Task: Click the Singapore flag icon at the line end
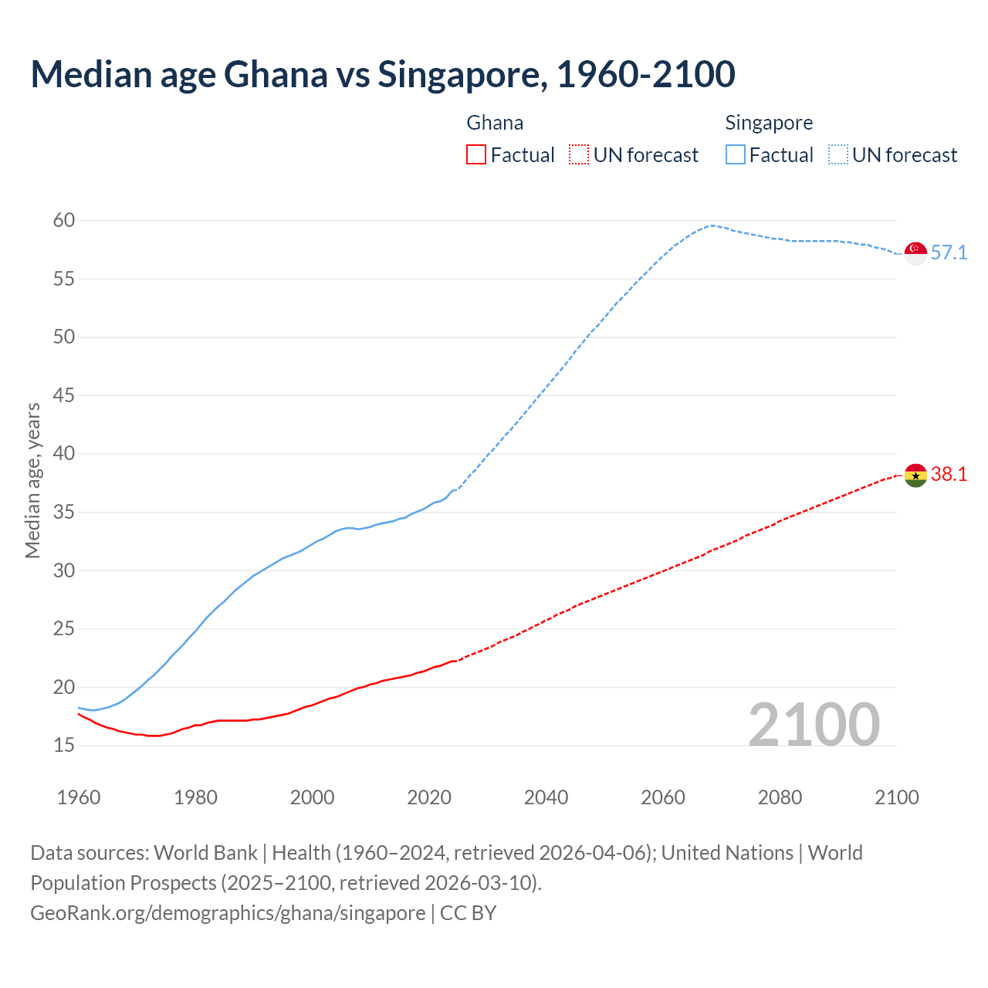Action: (915, 253)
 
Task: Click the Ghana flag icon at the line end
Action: (915, 475)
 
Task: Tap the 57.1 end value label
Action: (949, 253)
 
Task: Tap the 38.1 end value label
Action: (949, 475)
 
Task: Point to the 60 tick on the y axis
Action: (64, 221)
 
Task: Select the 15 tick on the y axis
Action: (64, 746)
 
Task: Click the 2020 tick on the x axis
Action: (429, 797)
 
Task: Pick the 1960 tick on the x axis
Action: (79, 797)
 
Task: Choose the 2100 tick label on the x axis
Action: (897, 797)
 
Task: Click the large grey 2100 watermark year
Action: (814, 725)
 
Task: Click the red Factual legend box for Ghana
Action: (476, 155)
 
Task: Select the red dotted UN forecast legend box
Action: (579, 155)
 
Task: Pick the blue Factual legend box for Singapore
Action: (736, 155)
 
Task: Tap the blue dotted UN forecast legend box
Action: (838, 155)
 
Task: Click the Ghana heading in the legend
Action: (495, 123)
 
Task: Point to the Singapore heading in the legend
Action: (769, 123)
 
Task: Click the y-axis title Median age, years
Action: (32, 480)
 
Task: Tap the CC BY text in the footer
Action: (469, 913)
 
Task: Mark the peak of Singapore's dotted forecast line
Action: (711, 225)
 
